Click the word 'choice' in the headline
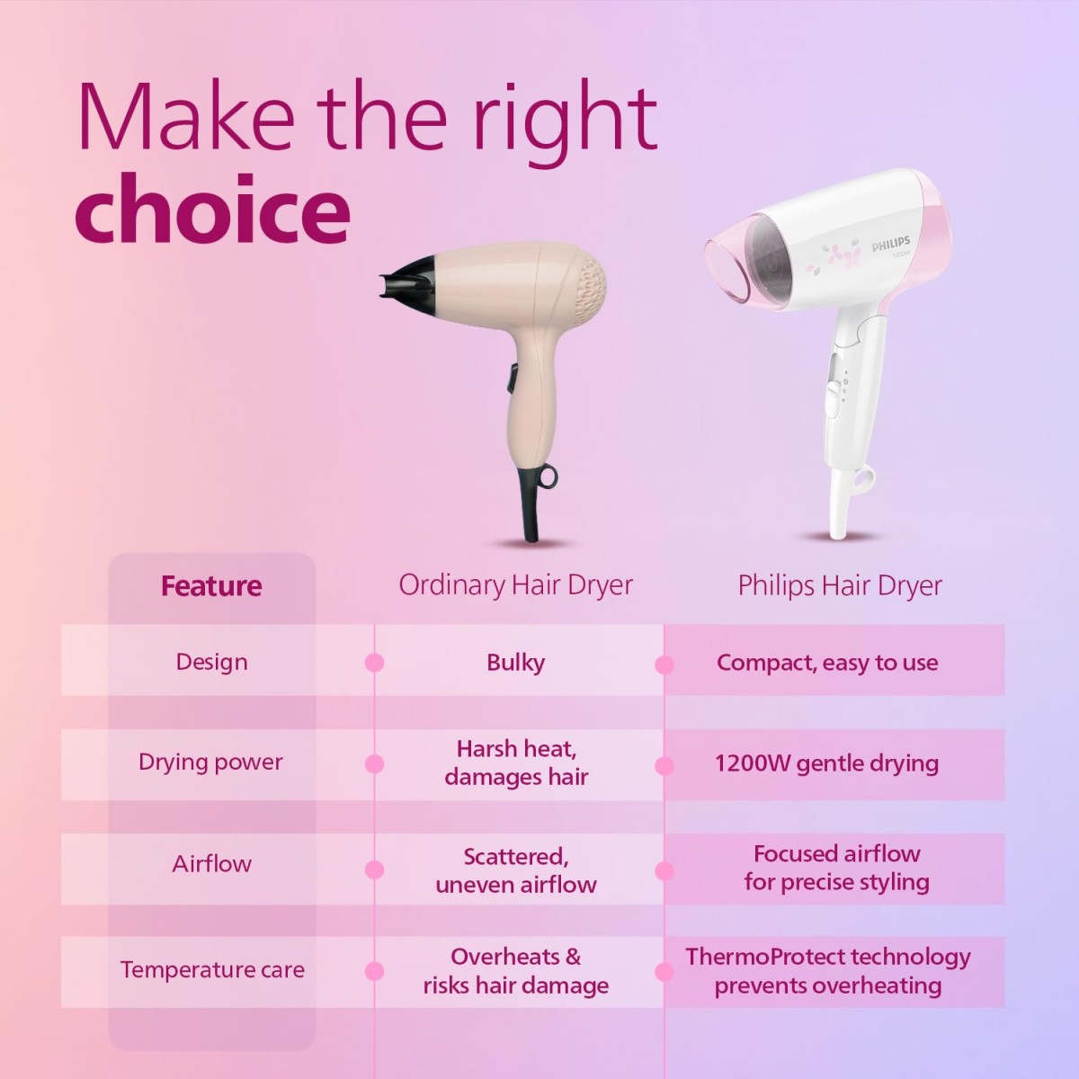click(212, 209)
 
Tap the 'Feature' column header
click(211, 586)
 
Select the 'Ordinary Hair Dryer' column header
click(515, 585)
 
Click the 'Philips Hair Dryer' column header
click(840, 586)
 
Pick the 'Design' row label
click(211, 662)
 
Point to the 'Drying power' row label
click(210, 762)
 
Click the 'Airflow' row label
click(211, 864)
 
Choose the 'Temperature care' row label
click(212, 970)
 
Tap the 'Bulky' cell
click(515, 663)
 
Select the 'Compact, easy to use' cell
click(827, 663)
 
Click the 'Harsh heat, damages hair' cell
click(516, 762)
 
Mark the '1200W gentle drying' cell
click(826, 763)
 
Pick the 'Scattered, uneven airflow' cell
click(516, 869)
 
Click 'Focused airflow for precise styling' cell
click(836, 868)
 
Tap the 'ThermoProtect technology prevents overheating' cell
click(828, 971)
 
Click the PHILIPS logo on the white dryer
click(890, 244)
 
